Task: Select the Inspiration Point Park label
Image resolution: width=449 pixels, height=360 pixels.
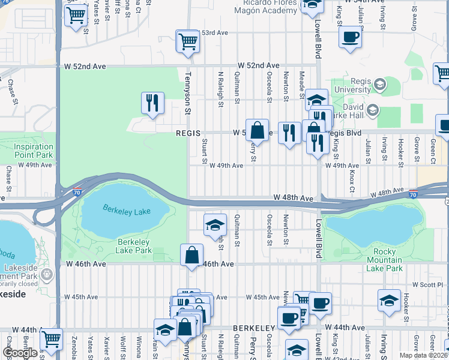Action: tap(34, 151)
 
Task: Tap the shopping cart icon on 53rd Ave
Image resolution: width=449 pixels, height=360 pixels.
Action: tap(188, 42)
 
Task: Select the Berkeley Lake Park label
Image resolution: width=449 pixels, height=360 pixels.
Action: tap(133, 245)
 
